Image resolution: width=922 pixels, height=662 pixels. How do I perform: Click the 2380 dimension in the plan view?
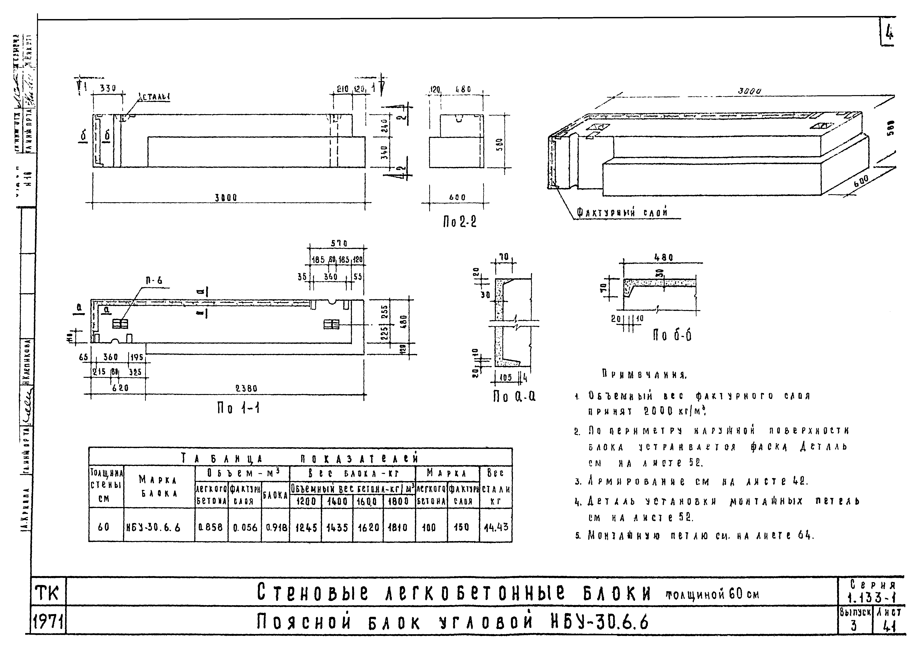(246, 388)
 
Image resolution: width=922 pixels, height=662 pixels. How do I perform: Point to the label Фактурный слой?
(622, 212)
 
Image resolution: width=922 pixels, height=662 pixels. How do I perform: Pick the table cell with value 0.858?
(211, 527)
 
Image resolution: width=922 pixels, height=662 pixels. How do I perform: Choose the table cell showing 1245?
(305, 527)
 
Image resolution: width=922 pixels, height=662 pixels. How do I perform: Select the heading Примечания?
(644, 374)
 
